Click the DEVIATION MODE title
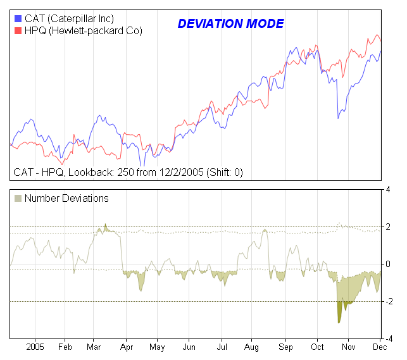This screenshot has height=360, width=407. click(230, 24)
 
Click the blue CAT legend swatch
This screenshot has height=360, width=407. click(17, 18)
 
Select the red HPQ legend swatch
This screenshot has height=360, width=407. click(17, 30)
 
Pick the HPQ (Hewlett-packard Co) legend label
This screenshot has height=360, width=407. click(83, 30)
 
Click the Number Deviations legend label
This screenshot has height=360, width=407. click(66, 198)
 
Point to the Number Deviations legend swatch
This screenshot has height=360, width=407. click(18, 198)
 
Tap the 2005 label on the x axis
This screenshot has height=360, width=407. click(35, 347)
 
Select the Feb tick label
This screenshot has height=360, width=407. click(66, 347)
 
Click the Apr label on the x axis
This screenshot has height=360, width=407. click(126, 347)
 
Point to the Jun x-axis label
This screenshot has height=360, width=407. click(189, 347)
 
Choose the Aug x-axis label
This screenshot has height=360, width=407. click(251, 347)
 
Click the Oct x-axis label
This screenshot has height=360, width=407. click(317, 347)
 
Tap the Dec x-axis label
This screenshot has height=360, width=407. click(380, 347)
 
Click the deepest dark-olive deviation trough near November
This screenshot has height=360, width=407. click(339, 322)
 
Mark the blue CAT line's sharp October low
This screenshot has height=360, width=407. click(338, 118)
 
